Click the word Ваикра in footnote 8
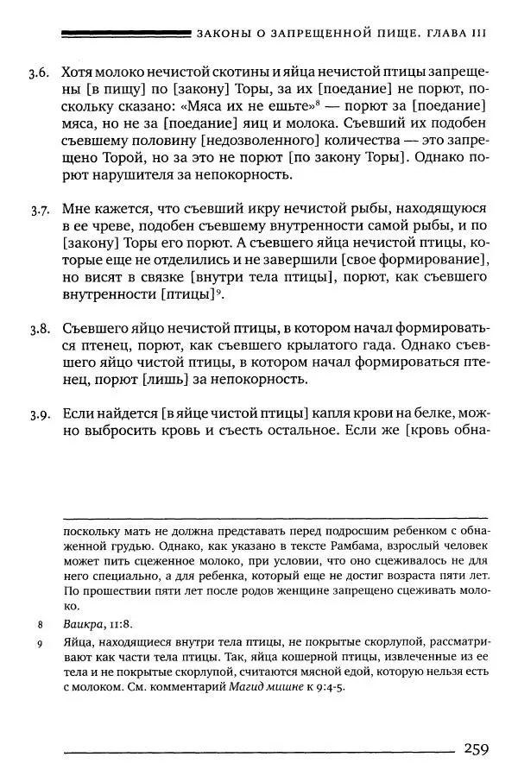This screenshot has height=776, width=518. pyautogui.click(x=81, y=621)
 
